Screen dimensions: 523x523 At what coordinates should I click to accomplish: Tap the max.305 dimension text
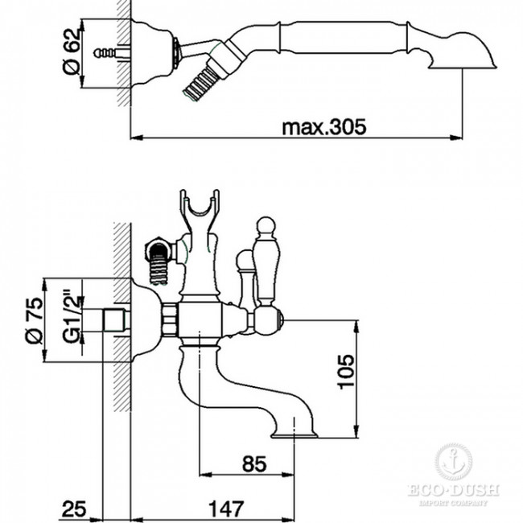[x=324, y=127]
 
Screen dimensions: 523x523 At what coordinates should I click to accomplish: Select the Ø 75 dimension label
[x=34, y=320]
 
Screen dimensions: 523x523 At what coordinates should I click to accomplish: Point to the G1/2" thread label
[x=72, y=318]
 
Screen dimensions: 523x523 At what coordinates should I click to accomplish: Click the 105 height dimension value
[x=346, y=372]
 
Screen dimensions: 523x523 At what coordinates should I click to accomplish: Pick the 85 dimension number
[x=254, y=463]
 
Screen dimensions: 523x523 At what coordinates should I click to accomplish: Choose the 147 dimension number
[x=226, y=509]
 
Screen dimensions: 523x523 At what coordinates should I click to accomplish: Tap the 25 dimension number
[x=74, y=509]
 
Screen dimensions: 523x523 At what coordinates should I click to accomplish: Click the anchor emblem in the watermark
[x=453, y=463]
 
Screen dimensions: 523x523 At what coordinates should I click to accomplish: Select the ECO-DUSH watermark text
[x=453, y=490]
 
